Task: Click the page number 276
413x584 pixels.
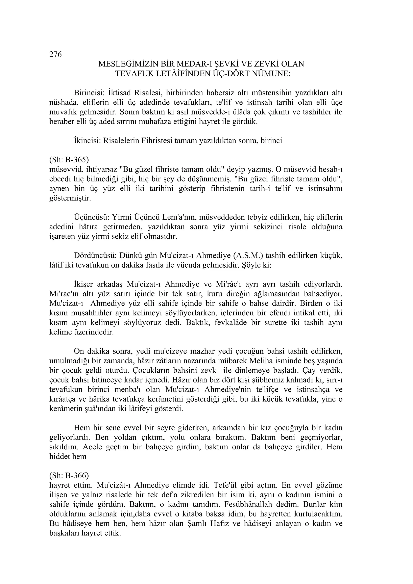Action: coord(55,54)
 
